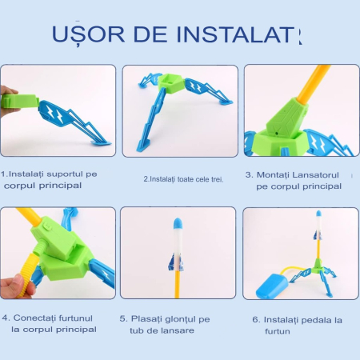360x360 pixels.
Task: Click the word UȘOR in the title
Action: click(88, 34)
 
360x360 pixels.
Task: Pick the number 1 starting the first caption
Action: click(3, 173)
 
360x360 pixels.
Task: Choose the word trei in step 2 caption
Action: click(214, 179)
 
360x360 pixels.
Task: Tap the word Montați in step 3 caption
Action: click(276, 174)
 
